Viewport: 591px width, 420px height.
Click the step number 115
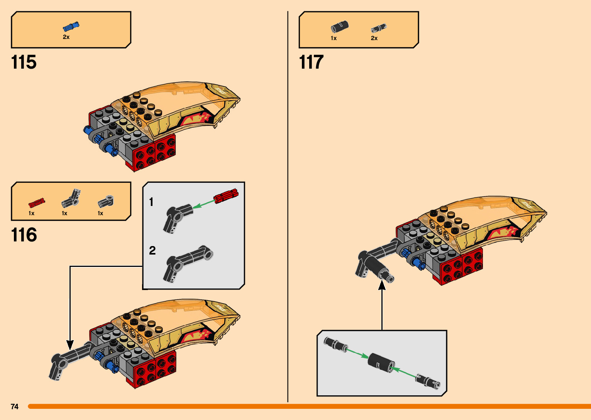click(24, 62)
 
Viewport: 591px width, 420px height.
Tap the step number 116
click(24, 235)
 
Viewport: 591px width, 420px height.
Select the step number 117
click(311, 62)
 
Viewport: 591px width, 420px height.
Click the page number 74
click(15, 407)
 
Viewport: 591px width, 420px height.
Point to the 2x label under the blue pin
click(66, 37)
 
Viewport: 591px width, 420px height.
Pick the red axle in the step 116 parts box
click(37, 202)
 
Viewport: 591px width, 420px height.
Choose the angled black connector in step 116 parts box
click(71, 198)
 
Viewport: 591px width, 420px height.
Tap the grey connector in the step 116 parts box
click(105, 201)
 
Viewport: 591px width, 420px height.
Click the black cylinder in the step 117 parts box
click(339, 27)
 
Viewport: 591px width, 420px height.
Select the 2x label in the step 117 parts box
click(374, 38)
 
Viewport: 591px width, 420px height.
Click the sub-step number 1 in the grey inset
click(151, 202)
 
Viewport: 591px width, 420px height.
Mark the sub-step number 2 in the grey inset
click(152, 251)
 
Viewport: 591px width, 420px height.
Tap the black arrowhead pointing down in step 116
click(70, 344)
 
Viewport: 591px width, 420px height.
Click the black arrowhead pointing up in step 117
click(382, 285)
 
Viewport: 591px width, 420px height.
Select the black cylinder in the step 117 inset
click(381, 362)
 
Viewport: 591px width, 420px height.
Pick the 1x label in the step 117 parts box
click(334, 38)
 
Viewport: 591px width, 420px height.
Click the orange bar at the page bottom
click(309, 407)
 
